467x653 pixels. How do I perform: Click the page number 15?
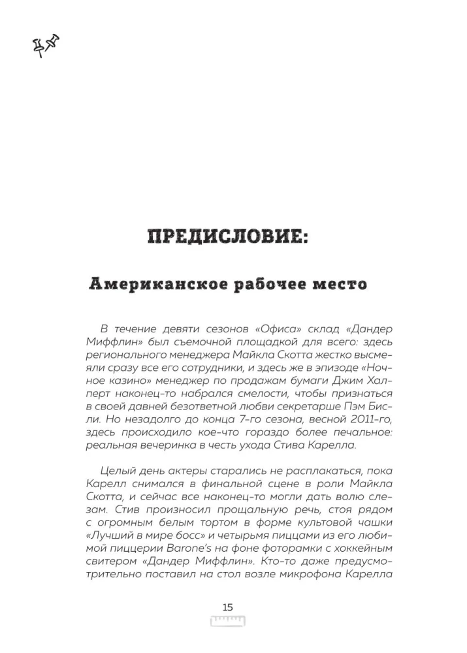(x=227, y=607)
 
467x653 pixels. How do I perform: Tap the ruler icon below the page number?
(x=227, y=620)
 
